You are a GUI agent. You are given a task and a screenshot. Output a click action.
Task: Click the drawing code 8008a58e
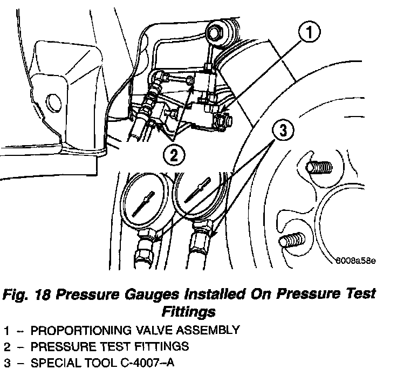tap(354, 261)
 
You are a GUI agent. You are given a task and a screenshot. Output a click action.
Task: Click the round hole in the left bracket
tap(53, 100)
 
